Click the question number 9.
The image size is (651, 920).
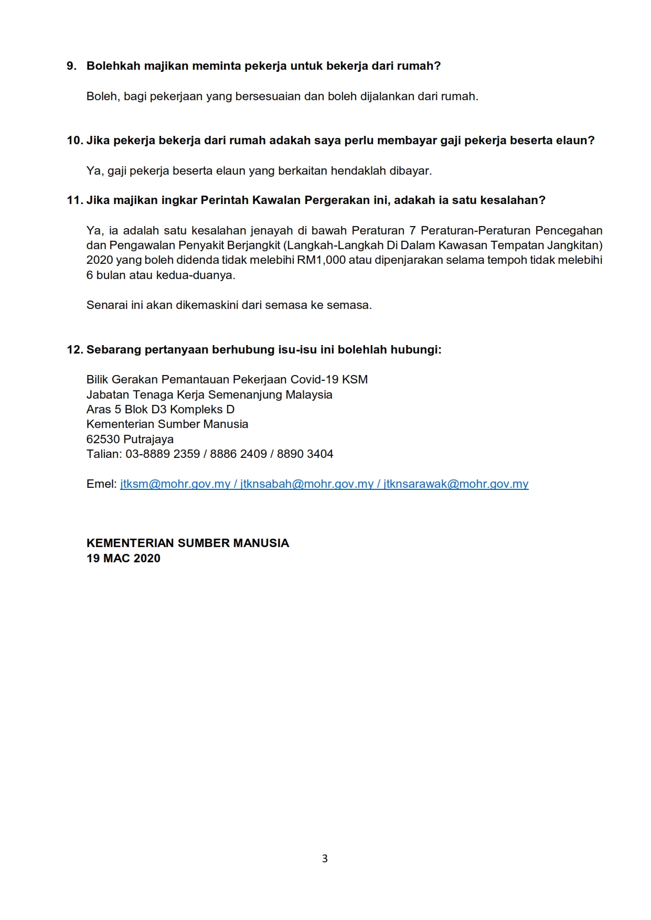(71, 66)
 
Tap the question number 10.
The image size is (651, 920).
(74, 141)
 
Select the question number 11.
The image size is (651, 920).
(74, 200)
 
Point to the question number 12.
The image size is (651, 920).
(74, 350)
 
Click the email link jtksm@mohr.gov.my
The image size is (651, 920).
(175, 484)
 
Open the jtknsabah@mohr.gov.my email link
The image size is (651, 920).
(307, 484)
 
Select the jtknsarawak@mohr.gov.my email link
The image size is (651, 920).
(456, 484)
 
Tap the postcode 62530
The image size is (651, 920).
(103, 440)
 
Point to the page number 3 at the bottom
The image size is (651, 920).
(325, 859)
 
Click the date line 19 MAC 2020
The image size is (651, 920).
(123, 559)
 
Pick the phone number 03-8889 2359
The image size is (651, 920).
(163, 454)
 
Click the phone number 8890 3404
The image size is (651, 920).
(305, 454)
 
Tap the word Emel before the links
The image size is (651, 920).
(101, 484)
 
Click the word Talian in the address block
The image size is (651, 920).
(103, 454)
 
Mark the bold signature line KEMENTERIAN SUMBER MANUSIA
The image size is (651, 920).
(188, 543)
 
